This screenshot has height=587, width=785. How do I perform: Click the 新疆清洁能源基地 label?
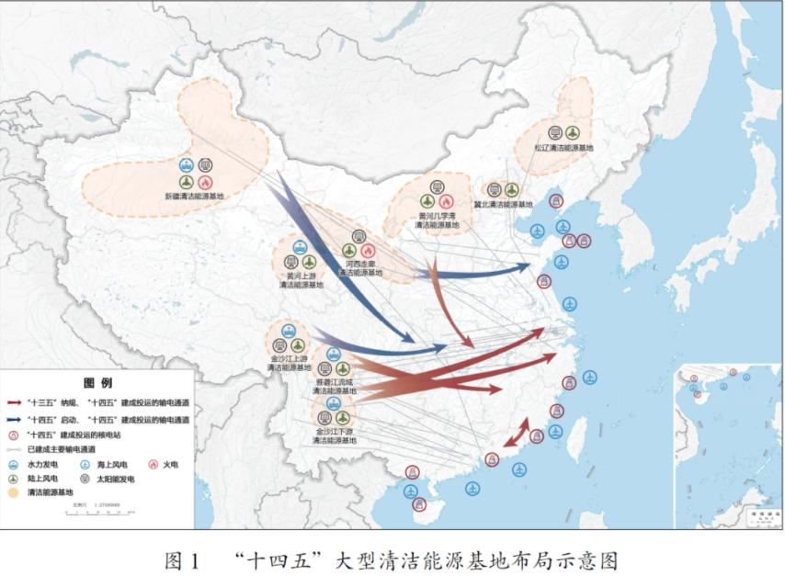[x=194, y=197]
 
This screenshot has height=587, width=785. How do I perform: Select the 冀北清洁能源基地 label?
[x=503, y=205]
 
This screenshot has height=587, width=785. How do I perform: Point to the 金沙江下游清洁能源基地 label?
[x=334, y=435]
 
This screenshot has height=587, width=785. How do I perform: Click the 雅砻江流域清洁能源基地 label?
[x=335, y=386]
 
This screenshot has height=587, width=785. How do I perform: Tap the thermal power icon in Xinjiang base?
[x=205, y=182]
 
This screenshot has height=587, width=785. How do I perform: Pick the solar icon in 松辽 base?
[x=555, y=132]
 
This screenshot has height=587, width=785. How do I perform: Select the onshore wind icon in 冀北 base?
[x=512, y=189]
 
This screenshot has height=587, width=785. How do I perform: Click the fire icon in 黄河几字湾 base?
[x=446, y=201]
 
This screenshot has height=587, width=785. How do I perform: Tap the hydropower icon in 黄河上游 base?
[x=300, y=246]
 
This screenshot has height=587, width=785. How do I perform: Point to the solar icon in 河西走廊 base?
[x=358, y=236]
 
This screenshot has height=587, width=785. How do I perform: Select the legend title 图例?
[x=97, y=383]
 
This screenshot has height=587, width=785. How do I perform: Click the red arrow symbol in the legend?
[x=14, y=402]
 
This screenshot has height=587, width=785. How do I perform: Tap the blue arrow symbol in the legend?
[x=14, y=419]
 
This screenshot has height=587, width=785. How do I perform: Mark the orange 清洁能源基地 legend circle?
[x=12, y=492]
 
